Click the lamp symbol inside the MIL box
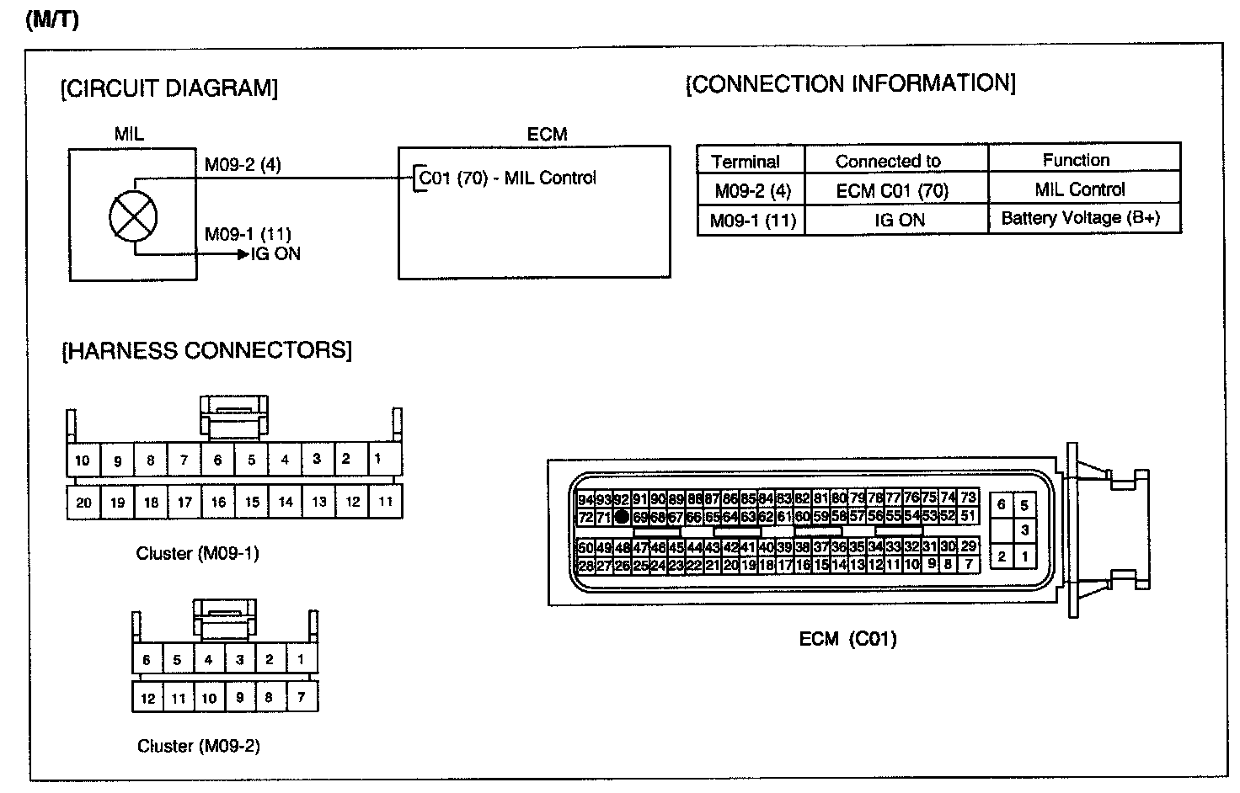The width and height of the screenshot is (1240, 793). point(133,216)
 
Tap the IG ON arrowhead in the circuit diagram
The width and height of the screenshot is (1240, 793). point(243,254)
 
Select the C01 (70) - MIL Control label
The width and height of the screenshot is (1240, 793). point(507,178)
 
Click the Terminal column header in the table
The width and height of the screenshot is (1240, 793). point(746,161)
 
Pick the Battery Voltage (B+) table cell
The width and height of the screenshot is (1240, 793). point(1081,218)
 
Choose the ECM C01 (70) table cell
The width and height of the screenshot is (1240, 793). point(892,191)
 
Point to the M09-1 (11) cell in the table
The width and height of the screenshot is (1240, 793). point(752,221)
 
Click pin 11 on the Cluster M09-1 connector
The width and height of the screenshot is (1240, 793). point(386,502)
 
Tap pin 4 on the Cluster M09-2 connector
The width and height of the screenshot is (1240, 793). point(209,659)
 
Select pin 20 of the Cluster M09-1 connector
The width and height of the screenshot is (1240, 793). point(83,503)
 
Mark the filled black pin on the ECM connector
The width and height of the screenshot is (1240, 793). point(622,517)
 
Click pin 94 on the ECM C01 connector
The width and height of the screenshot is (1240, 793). point(585,499)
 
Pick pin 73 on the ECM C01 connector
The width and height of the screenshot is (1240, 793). point(969,498)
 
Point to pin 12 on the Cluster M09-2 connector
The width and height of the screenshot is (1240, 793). point(147,698)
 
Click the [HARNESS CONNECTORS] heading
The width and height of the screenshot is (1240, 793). point(206,350)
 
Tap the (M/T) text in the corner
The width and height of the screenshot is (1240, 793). point(52,20)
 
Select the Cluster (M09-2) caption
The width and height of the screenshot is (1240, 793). point(198,746)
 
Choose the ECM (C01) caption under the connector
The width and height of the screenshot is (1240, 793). point(847,639)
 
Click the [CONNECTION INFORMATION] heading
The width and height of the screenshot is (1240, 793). point(851,83)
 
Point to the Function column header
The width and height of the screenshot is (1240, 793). point(1076,160)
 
